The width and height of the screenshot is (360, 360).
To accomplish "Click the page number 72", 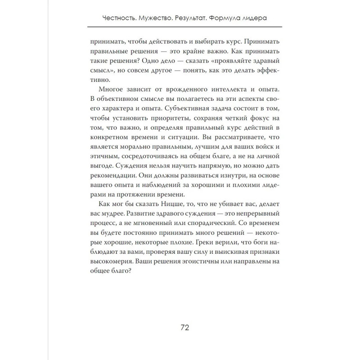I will pyautogui.click(x=180, y=327).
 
